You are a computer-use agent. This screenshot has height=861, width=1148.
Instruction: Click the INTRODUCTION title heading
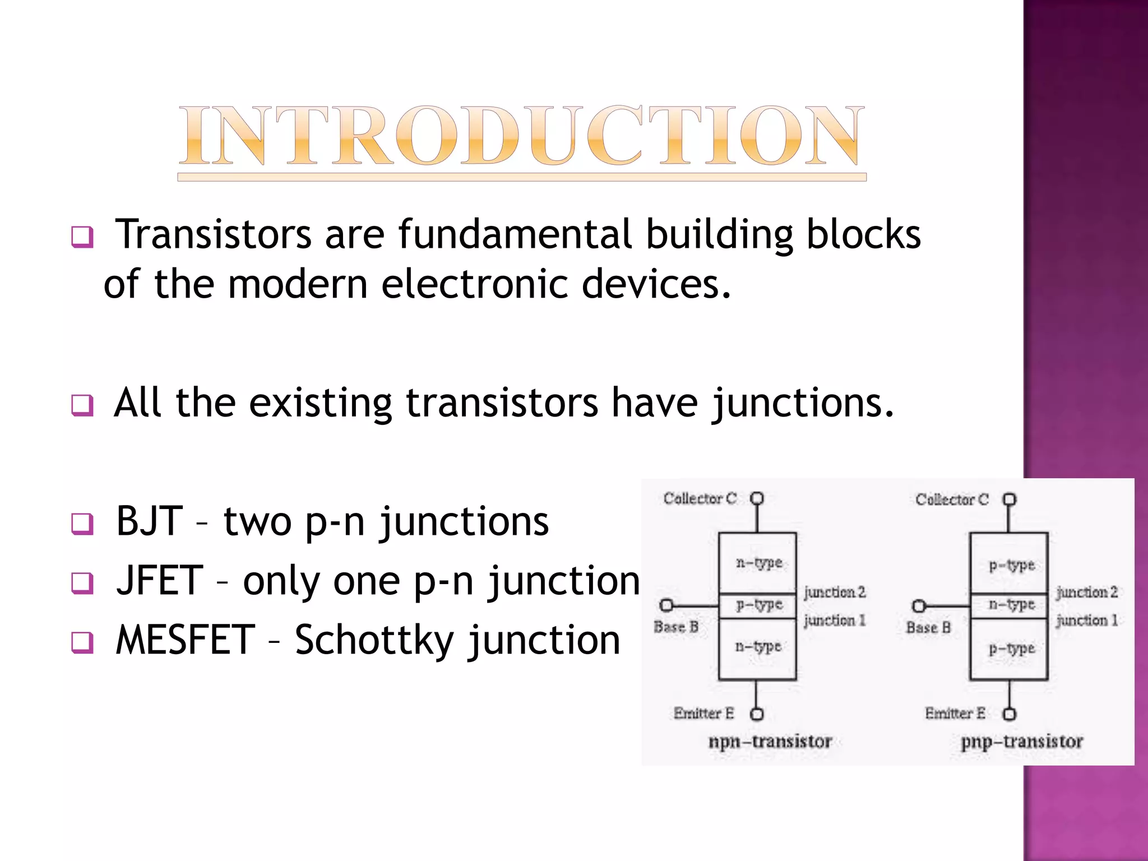tap(521, 136)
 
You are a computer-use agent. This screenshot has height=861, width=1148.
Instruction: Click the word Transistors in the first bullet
tap(213, 234)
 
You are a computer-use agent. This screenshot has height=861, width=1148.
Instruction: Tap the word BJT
tap(149, 521)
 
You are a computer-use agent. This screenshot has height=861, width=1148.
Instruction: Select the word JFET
tap(159, 581)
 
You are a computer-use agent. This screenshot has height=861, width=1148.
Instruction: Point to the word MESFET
tap(186, 640)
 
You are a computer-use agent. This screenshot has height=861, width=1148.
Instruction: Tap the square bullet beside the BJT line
tap(82, 524)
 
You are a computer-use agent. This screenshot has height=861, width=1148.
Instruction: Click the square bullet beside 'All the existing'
tap(82, 405)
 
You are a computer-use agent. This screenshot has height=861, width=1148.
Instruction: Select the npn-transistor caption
tap(770, 741)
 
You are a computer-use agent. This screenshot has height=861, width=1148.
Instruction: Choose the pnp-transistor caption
tap(1021, 741)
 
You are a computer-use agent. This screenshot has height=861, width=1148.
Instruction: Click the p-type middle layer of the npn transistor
tap(758, 605)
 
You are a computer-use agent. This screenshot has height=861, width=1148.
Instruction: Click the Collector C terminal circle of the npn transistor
tap(757, 498)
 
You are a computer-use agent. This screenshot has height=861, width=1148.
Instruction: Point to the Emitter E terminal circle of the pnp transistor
tap(1009, 714)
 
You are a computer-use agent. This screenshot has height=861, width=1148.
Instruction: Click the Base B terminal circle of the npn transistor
tap(666, 605)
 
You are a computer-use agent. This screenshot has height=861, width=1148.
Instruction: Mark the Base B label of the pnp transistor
tap(928, 627)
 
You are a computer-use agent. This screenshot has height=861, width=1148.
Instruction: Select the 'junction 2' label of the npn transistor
tap(835, 592)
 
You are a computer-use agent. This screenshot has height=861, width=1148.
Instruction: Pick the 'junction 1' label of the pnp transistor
tap(1087, 620)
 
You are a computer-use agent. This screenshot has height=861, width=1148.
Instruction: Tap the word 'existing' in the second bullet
tap(320, 404)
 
